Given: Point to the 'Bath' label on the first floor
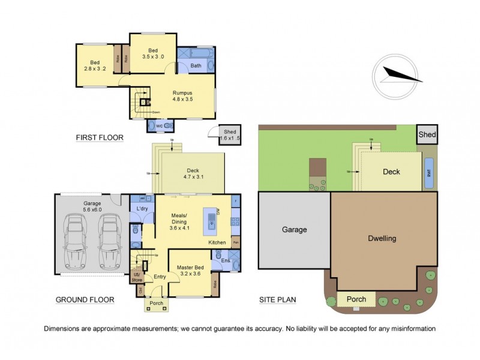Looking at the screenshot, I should [x=196, y=65].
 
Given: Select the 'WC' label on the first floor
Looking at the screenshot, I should [x=160, y=126].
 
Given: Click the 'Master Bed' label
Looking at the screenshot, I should [x=190, y=271].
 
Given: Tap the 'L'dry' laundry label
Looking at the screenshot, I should [x=142, y=208].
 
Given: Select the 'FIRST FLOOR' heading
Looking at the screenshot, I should [x=100, y=138].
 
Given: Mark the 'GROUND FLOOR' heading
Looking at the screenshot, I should [x=86, y=299].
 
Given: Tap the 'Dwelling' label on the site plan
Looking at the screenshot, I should [x=382, y=238].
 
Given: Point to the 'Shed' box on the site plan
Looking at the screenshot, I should [x=427, y=135].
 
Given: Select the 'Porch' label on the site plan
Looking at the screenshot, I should [x=356, y=298].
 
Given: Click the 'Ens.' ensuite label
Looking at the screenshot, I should [x=226, y=260].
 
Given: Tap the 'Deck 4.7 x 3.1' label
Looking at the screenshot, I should [x=194, y=173].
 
